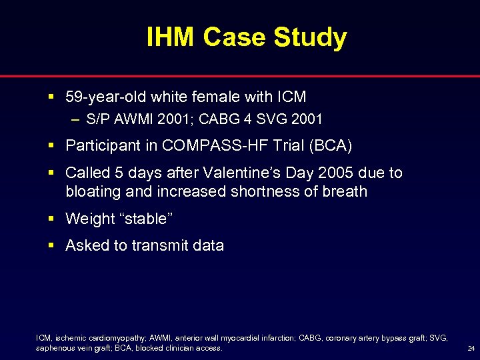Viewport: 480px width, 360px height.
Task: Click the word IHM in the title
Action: coord(171,37)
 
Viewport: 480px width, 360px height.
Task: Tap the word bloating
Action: coord(92,191)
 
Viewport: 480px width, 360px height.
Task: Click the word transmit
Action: coord(159,245)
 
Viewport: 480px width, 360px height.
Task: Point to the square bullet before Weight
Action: coord(53,219)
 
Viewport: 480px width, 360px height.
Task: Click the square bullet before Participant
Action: coord(53,145)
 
